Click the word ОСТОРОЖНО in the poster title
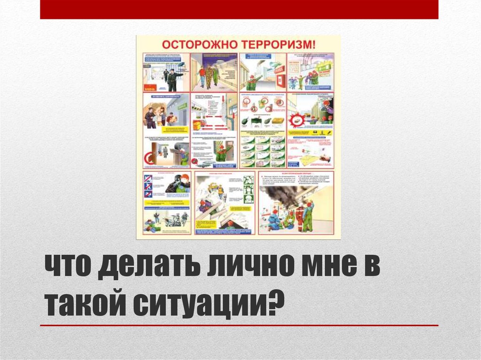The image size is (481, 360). click(201, 44)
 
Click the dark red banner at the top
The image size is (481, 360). click(239, 9)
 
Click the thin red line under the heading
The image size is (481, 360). click(239, 325)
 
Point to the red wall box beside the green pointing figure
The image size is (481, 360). click(280, 76)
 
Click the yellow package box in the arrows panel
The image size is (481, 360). click(197, 125)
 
